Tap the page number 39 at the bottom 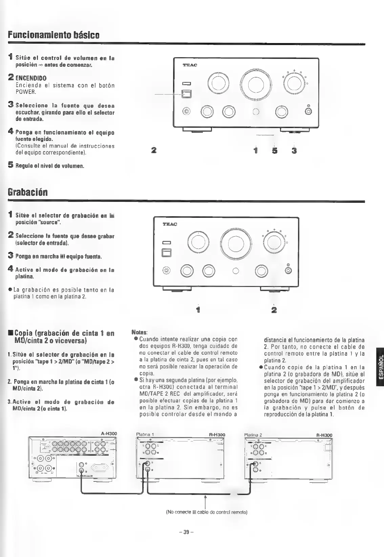pos(186,532)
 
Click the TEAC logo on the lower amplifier pos(170,224)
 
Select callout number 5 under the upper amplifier pos(275,150)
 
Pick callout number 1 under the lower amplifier pos(198,309)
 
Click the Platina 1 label pos(145,435)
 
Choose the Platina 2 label pos(253,435)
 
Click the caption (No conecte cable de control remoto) pos(207,512)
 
